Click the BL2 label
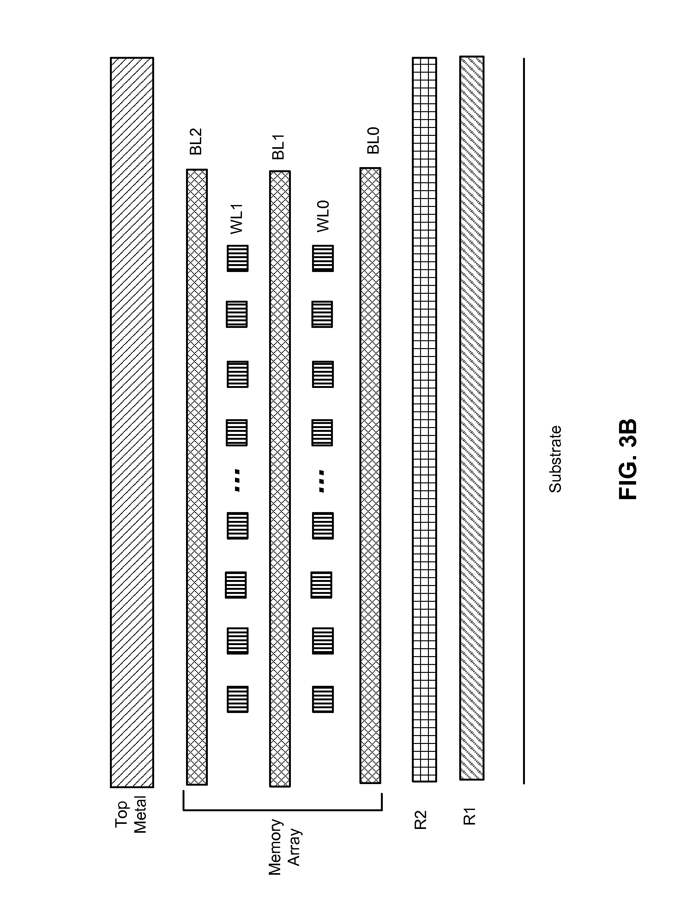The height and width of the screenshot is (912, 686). (196, 142)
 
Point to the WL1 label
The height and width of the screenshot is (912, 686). (238, 219)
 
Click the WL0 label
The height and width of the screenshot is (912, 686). (323, 216)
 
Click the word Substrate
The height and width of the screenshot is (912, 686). (555, 459)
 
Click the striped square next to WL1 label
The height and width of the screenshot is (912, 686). (238, 258)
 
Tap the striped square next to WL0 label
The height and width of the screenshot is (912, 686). (323, 258)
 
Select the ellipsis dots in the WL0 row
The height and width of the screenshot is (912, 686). (322, 481)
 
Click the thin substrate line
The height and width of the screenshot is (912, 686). (524, 420)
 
